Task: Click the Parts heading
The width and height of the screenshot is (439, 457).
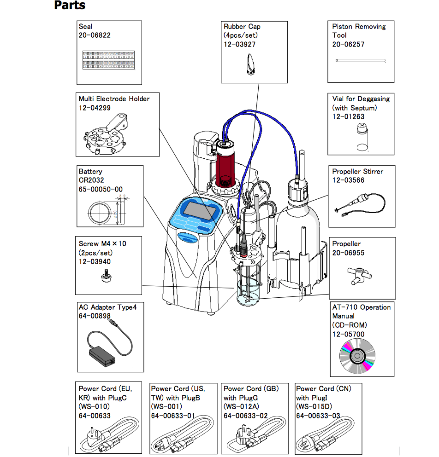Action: click(x=70, y=6)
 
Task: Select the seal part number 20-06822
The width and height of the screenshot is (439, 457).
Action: click(x=95, y=35)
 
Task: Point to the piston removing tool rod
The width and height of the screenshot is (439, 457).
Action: click(x=360, y=60)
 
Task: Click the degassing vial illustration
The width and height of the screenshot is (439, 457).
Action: click(x=362, y=138)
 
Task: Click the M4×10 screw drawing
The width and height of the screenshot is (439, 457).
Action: click(x=106, y=278)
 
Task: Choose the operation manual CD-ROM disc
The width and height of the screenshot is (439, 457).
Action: click(x=356, y=357)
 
